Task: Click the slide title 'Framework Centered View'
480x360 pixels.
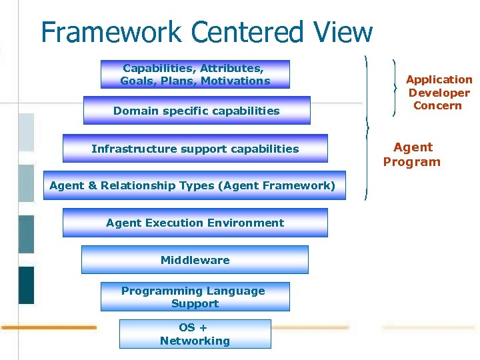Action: [x=207, y=31]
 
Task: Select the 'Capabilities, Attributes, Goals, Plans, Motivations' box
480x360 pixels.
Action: [x=195, y=75]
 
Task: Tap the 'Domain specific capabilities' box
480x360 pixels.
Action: [x=197, y=111]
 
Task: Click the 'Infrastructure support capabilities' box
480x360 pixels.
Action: [x=195, y=149]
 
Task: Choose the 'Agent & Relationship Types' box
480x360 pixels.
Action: [x=193, y=185]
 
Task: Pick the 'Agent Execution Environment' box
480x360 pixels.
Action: [x=195, y=223]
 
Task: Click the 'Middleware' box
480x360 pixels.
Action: [x=195, y=260]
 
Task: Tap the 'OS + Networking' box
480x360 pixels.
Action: [x=195, y=335]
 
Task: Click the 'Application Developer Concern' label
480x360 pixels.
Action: [x=438, y=93]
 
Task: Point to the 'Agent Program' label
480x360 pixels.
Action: [x=412, y=155]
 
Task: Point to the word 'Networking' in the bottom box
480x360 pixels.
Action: [x=195, y=341]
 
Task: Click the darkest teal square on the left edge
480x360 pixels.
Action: [x=26, y=285]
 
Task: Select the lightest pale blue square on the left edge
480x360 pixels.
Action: [x=26, y=132]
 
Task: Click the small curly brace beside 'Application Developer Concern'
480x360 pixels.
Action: [x=396, y=87]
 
